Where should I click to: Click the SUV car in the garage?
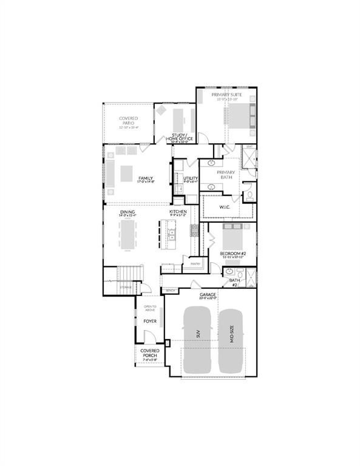197,340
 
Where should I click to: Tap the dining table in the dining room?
127,234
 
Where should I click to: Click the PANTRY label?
195,264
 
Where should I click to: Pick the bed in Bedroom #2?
235,234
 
